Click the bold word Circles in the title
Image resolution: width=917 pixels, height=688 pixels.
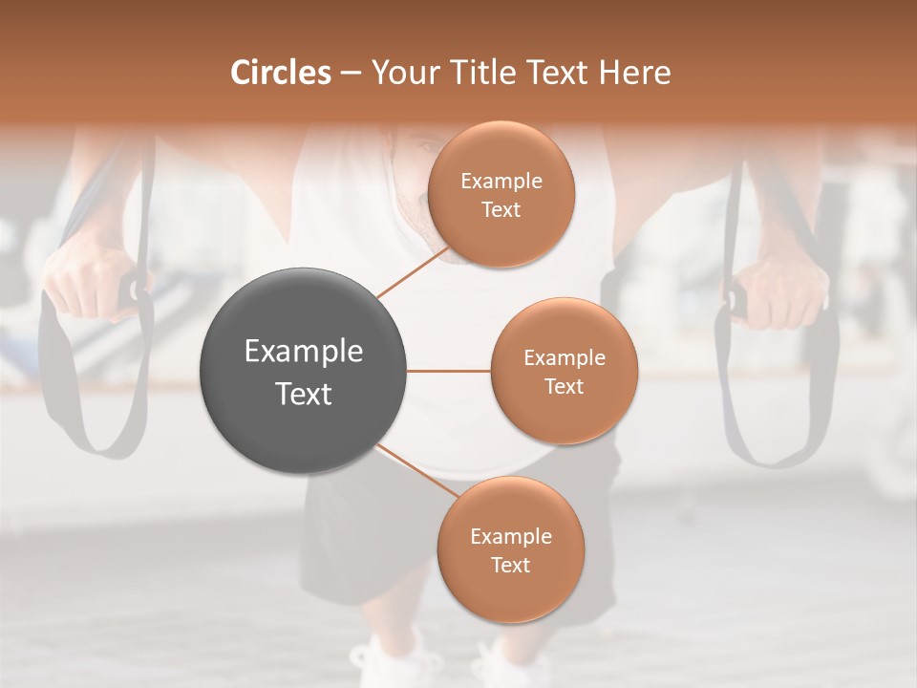(280, 73)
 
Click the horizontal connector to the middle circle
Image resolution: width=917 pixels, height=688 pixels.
(449, 371)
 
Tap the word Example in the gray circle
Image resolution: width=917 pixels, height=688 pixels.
(304, 352)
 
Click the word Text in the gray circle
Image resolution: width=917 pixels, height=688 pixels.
(304, 394)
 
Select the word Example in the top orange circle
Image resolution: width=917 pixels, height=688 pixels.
(501, 182)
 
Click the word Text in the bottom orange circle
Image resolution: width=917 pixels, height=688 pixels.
(510, 565)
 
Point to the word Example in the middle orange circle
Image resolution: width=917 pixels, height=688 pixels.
(564, 358)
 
